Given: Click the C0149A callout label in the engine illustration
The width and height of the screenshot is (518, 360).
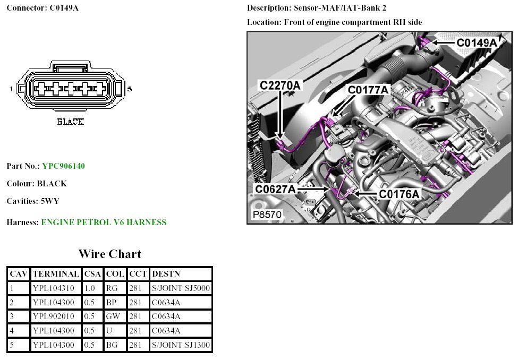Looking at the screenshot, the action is [477, 42].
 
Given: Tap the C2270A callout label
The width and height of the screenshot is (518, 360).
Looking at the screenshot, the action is [280, 85].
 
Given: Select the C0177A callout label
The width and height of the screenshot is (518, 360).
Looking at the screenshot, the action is [368, 90].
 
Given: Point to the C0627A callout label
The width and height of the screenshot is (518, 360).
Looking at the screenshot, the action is [276, 189].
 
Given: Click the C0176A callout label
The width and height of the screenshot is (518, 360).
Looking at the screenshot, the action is [399, 194].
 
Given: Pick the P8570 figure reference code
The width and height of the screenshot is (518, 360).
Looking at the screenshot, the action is [267, 215].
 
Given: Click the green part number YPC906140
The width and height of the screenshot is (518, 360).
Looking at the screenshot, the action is [63, 166].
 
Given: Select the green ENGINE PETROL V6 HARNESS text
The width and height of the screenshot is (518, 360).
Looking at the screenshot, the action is [104, 222].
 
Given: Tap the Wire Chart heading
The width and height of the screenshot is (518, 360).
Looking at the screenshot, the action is [109, 254].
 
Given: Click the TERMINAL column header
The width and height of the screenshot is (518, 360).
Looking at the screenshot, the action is [56, 274].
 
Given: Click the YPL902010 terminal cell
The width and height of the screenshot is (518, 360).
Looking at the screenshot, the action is [54, 316].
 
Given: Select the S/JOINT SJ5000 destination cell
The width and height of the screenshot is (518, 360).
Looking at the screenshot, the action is [181, 288].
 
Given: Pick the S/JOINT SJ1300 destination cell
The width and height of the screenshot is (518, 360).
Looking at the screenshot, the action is [181, 345].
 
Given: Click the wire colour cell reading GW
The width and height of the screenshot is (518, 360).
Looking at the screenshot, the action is [113, 316].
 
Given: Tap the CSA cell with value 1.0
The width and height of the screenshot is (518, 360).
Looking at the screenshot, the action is [90, 288].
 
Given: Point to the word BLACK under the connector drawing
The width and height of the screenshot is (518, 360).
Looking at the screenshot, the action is [70, 122].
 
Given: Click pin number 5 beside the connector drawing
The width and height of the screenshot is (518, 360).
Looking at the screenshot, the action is [129, 89].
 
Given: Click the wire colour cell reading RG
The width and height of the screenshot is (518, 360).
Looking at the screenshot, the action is [112, 288].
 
